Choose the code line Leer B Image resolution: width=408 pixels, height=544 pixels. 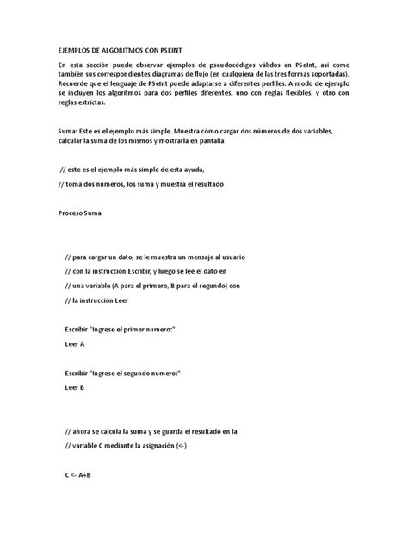coord(75,387)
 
